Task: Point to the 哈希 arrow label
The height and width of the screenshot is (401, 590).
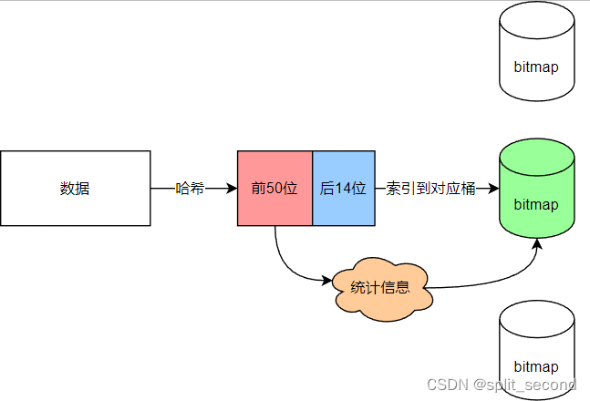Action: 190,189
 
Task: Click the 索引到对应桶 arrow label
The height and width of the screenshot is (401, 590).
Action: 430,189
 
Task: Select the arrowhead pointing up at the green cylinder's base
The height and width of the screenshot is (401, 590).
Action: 537,245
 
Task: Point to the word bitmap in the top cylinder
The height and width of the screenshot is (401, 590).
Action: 536,67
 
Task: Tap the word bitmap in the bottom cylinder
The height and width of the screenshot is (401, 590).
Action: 536,366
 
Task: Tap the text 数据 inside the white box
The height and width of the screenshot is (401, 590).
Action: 75,189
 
